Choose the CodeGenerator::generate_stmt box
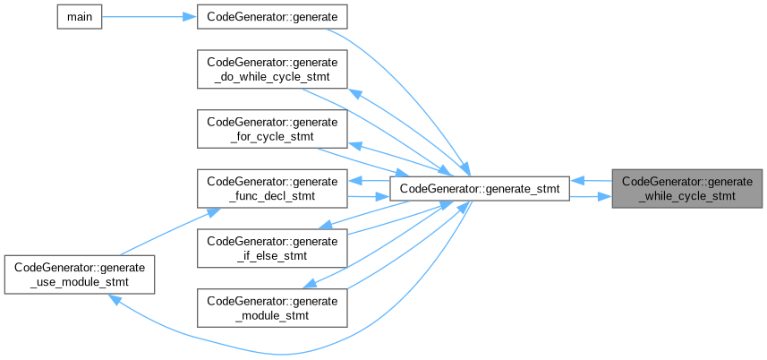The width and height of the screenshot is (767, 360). click(x=480, y=188)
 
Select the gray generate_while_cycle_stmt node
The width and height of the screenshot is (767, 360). click(x=687, y=188)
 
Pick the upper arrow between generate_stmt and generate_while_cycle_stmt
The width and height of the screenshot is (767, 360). click(x=591, y=180)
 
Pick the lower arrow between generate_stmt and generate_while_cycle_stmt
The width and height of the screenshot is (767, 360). click(x=591, y=196)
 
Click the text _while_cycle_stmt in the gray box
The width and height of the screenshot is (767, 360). click(x=687, y=196)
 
